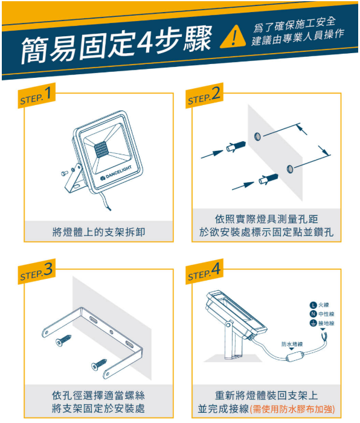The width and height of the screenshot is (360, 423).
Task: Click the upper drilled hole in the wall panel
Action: click(x=258, y=136)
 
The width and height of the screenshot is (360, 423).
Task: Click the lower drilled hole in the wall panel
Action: click(x=291, y=167)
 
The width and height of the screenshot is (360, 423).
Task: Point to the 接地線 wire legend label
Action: click(x=323, y=323)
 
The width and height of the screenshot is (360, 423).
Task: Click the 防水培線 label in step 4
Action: click(x=292, y=343)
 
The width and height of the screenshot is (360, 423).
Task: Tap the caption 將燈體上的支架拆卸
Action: click(x=98, y=232)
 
